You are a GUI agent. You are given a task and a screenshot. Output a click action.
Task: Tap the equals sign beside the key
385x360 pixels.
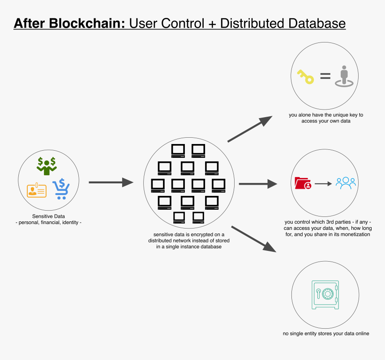pos(325,76)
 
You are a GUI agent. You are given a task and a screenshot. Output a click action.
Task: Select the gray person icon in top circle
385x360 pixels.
pos(344,76)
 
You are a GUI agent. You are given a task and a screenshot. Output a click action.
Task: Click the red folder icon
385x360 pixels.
pos(303,183)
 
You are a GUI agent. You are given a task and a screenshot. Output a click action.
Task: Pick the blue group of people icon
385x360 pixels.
pos(346,183)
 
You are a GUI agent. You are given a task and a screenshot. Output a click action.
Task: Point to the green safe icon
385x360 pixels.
pos(326,294)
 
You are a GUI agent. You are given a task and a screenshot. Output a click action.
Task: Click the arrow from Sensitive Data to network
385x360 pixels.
pos(111,182)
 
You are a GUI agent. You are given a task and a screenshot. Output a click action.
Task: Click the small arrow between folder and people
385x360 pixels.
pos(323,183)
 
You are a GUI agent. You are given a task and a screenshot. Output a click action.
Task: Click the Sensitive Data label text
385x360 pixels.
pos(48,216)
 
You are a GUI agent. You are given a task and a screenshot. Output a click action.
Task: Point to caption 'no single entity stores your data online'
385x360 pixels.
pos(326,334)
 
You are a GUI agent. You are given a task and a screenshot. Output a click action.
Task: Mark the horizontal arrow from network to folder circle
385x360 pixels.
pos(258,184)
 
